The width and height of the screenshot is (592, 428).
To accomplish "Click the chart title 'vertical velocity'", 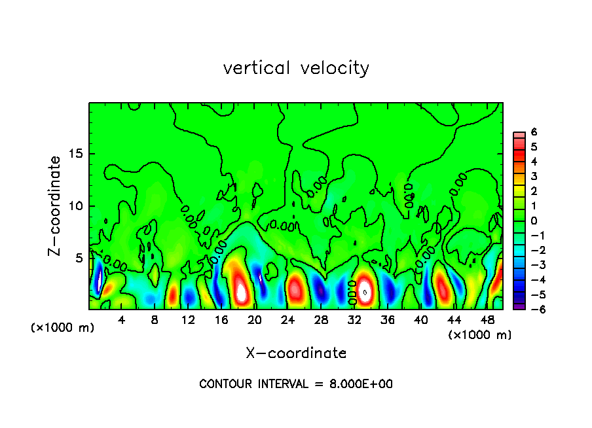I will click(296, 68).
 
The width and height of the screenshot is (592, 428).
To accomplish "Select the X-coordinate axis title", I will click(296, 353).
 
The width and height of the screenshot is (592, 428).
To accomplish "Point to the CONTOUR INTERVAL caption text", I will click(296, 384).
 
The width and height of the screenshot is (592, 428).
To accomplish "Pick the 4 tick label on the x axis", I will click(122, 321).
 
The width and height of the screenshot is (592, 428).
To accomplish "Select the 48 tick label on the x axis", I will click(487, 321).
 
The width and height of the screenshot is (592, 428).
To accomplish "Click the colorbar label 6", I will click(534, 132).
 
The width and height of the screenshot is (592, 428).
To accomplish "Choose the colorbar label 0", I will click(534, 221).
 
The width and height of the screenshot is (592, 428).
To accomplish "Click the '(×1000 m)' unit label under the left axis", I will click(63, 328).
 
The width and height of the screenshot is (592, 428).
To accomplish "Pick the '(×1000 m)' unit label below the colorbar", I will click(480, 335).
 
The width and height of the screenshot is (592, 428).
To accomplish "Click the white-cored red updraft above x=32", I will click(365, 291).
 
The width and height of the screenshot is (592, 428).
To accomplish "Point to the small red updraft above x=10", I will click(173, 295).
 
